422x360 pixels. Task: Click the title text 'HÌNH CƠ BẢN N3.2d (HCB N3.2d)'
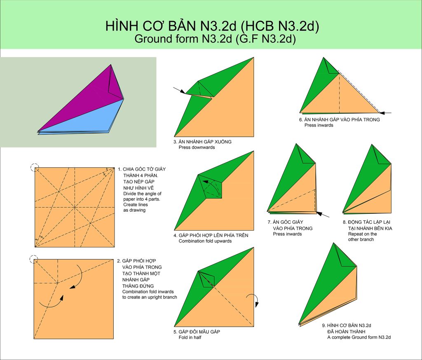212,26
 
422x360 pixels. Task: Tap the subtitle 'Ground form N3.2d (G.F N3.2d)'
215,39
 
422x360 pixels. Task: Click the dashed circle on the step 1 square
35,167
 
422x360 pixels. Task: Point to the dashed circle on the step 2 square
34,259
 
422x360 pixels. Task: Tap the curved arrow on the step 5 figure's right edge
255,298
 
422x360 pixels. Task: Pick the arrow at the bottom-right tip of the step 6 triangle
386,113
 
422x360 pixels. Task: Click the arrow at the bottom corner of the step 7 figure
322,215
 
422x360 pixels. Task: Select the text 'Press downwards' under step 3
197,147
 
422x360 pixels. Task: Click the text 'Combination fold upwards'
205,241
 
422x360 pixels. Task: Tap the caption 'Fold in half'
190,337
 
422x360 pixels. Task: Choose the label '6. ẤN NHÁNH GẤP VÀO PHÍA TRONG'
340,120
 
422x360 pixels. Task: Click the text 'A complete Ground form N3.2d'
359,337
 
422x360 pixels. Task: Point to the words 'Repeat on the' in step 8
362,234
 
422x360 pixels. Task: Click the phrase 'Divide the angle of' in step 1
142,194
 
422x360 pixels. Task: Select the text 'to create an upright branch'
150,297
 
